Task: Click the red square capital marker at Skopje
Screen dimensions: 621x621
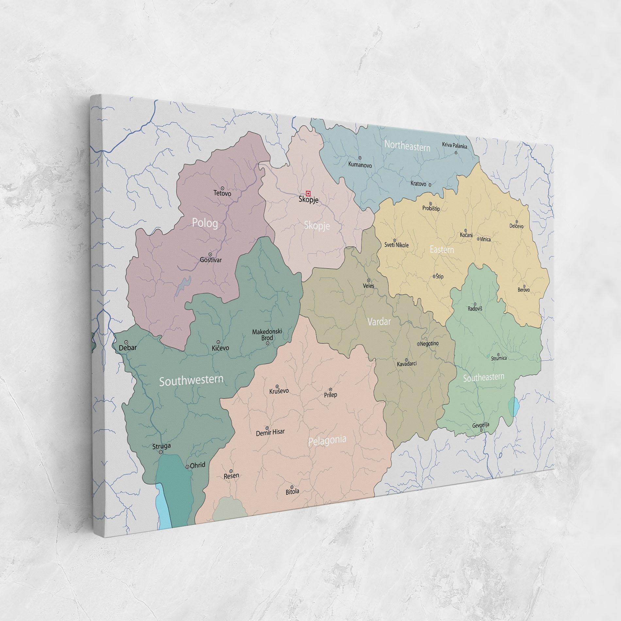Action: pos(307,193)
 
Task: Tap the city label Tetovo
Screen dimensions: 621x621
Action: pos(222,193)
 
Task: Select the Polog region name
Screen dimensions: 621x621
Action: pos(205,224)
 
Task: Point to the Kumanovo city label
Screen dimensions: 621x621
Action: pos(360,165)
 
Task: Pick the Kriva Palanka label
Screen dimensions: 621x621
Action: pos(455,145)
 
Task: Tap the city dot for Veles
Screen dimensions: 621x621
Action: pos(369,280)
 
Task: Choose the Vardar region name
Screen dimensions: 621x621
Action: pos(379,322)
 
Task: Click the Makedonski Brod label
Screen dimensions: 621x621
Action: pos(267,335)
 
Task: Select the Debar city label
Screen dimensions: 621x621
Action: pos(127,348)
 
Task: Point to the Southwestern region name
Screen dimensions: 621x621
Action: pos(191,380)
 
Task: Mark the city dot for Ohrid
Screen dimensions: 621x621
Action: pos(187,467)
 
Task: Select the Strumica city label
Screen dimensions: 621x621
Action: pos(499,358)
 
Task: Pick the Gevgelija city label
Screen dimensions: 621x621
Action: pos(481,425)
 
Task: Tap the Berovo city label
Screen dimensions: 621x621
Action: pos(524,290)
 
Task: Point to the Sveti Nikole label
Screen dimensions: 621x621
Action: pos(396,245)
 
